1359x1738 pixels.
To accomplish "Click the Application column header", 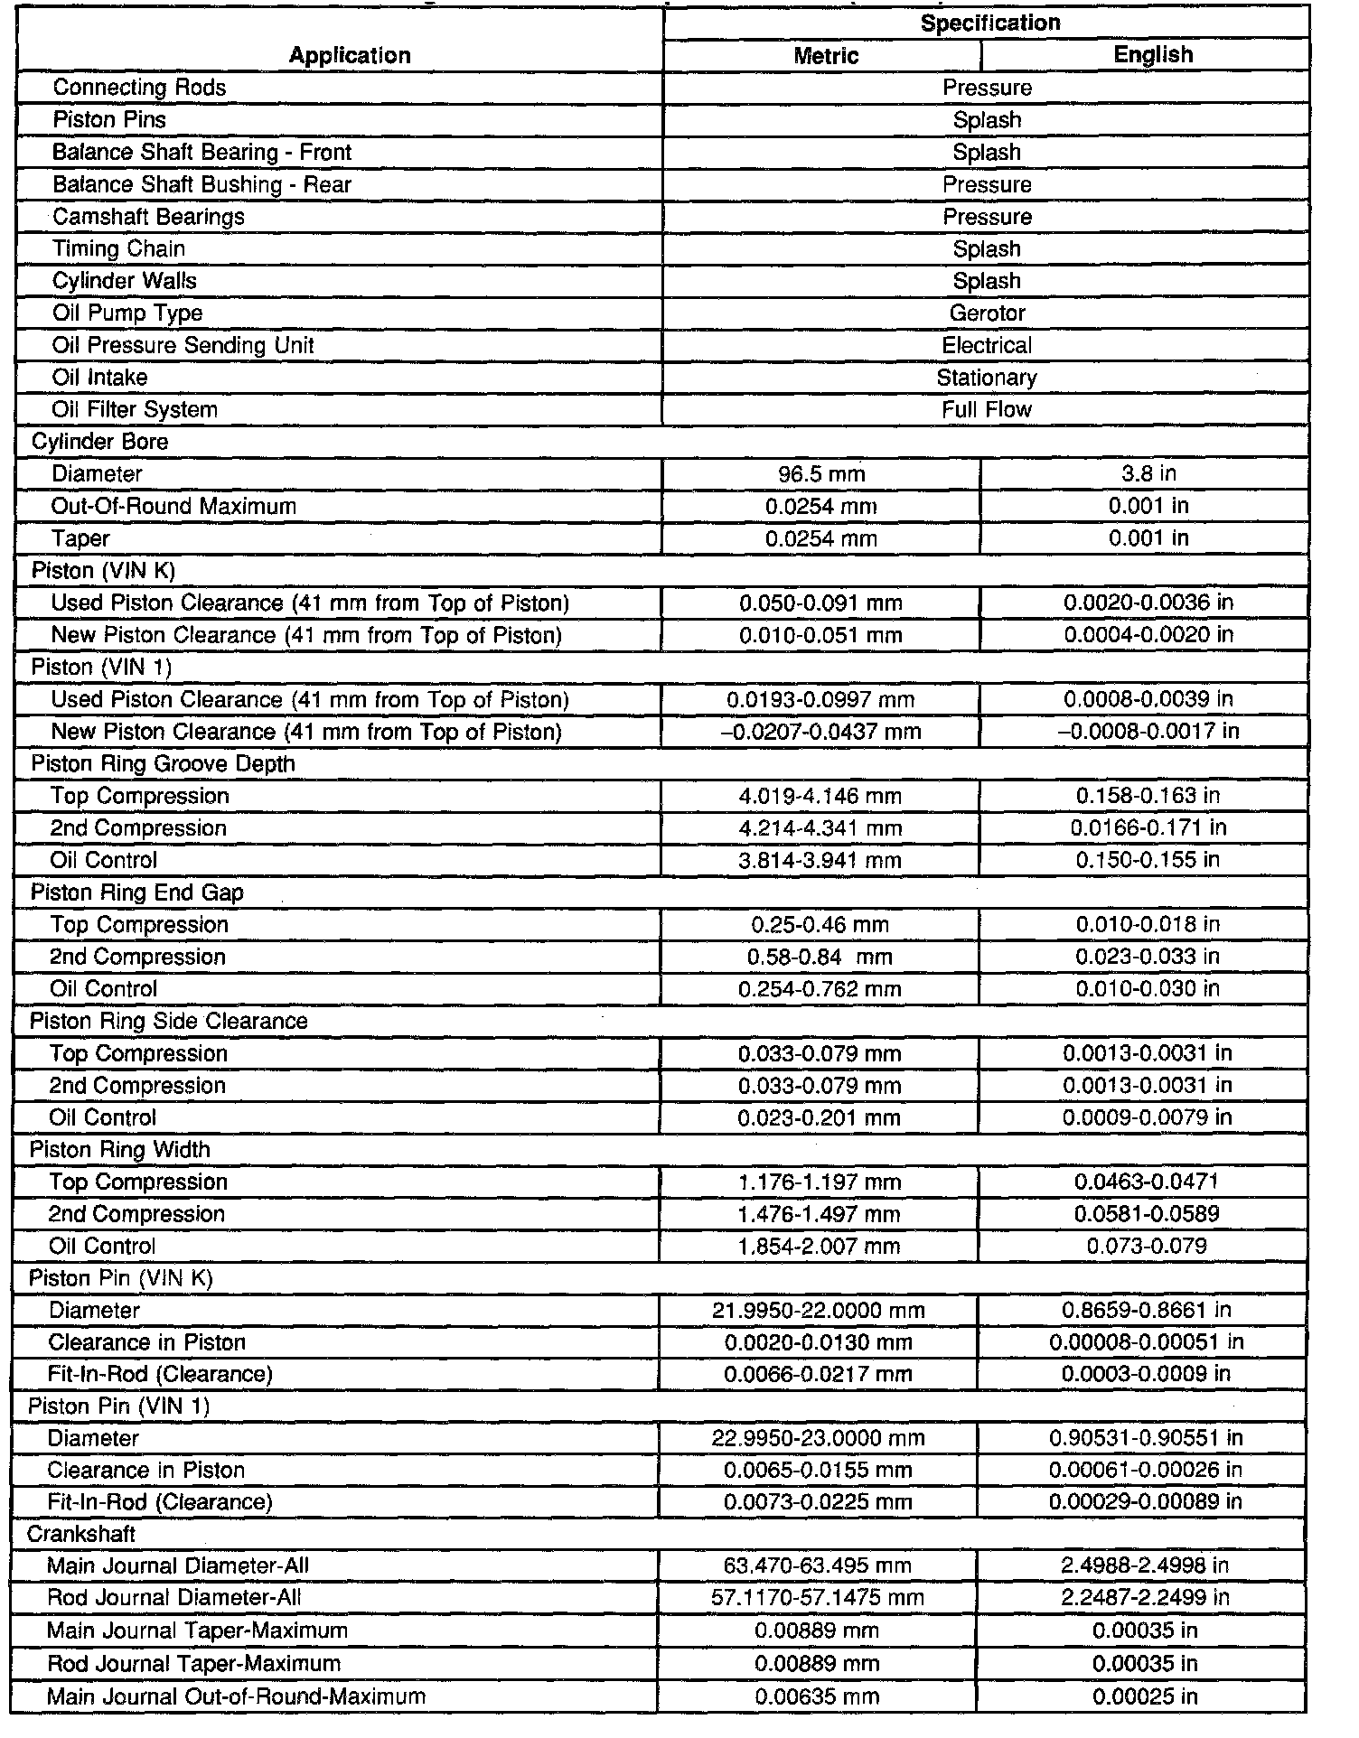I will click(350, 56).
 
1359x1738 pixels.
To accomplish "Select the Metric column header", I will click(825, 56).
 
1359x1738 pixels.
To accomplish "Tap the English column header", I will click(1153, 55).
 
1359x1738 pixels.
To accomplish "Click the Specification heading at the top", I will click(989, 23).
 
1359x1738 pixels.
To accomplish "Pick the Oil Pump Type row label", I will click(127, 313).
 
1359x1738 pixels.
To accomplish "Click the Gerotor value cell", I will click(987, 313).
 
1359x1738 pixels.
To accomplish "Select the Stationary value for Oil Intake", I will click(987, 378).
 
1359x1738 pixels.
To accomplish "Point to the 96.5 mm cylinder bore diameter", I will click(821, 474).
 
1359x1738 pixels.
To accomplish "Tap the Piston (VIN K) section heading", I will click(103, 571).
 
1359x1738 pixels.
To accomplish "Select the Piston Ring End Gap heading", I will click(137, 892).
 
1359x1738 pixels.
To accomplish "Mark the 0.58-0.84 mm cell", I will click(820, 957).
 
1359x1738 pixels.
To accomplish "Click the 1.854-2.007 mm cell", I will click(820, 1247).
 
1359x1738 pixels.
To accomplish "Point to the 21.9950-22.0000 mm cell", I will click(819, 1311).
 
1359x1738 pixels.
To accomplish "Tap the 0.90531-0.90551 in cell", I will click(1146, 1438).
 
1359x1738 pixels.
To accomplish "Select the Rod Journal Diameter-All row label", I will click(174, 1598).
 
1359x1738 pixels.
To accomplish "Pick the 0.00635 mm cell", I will click(817, 1696).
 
